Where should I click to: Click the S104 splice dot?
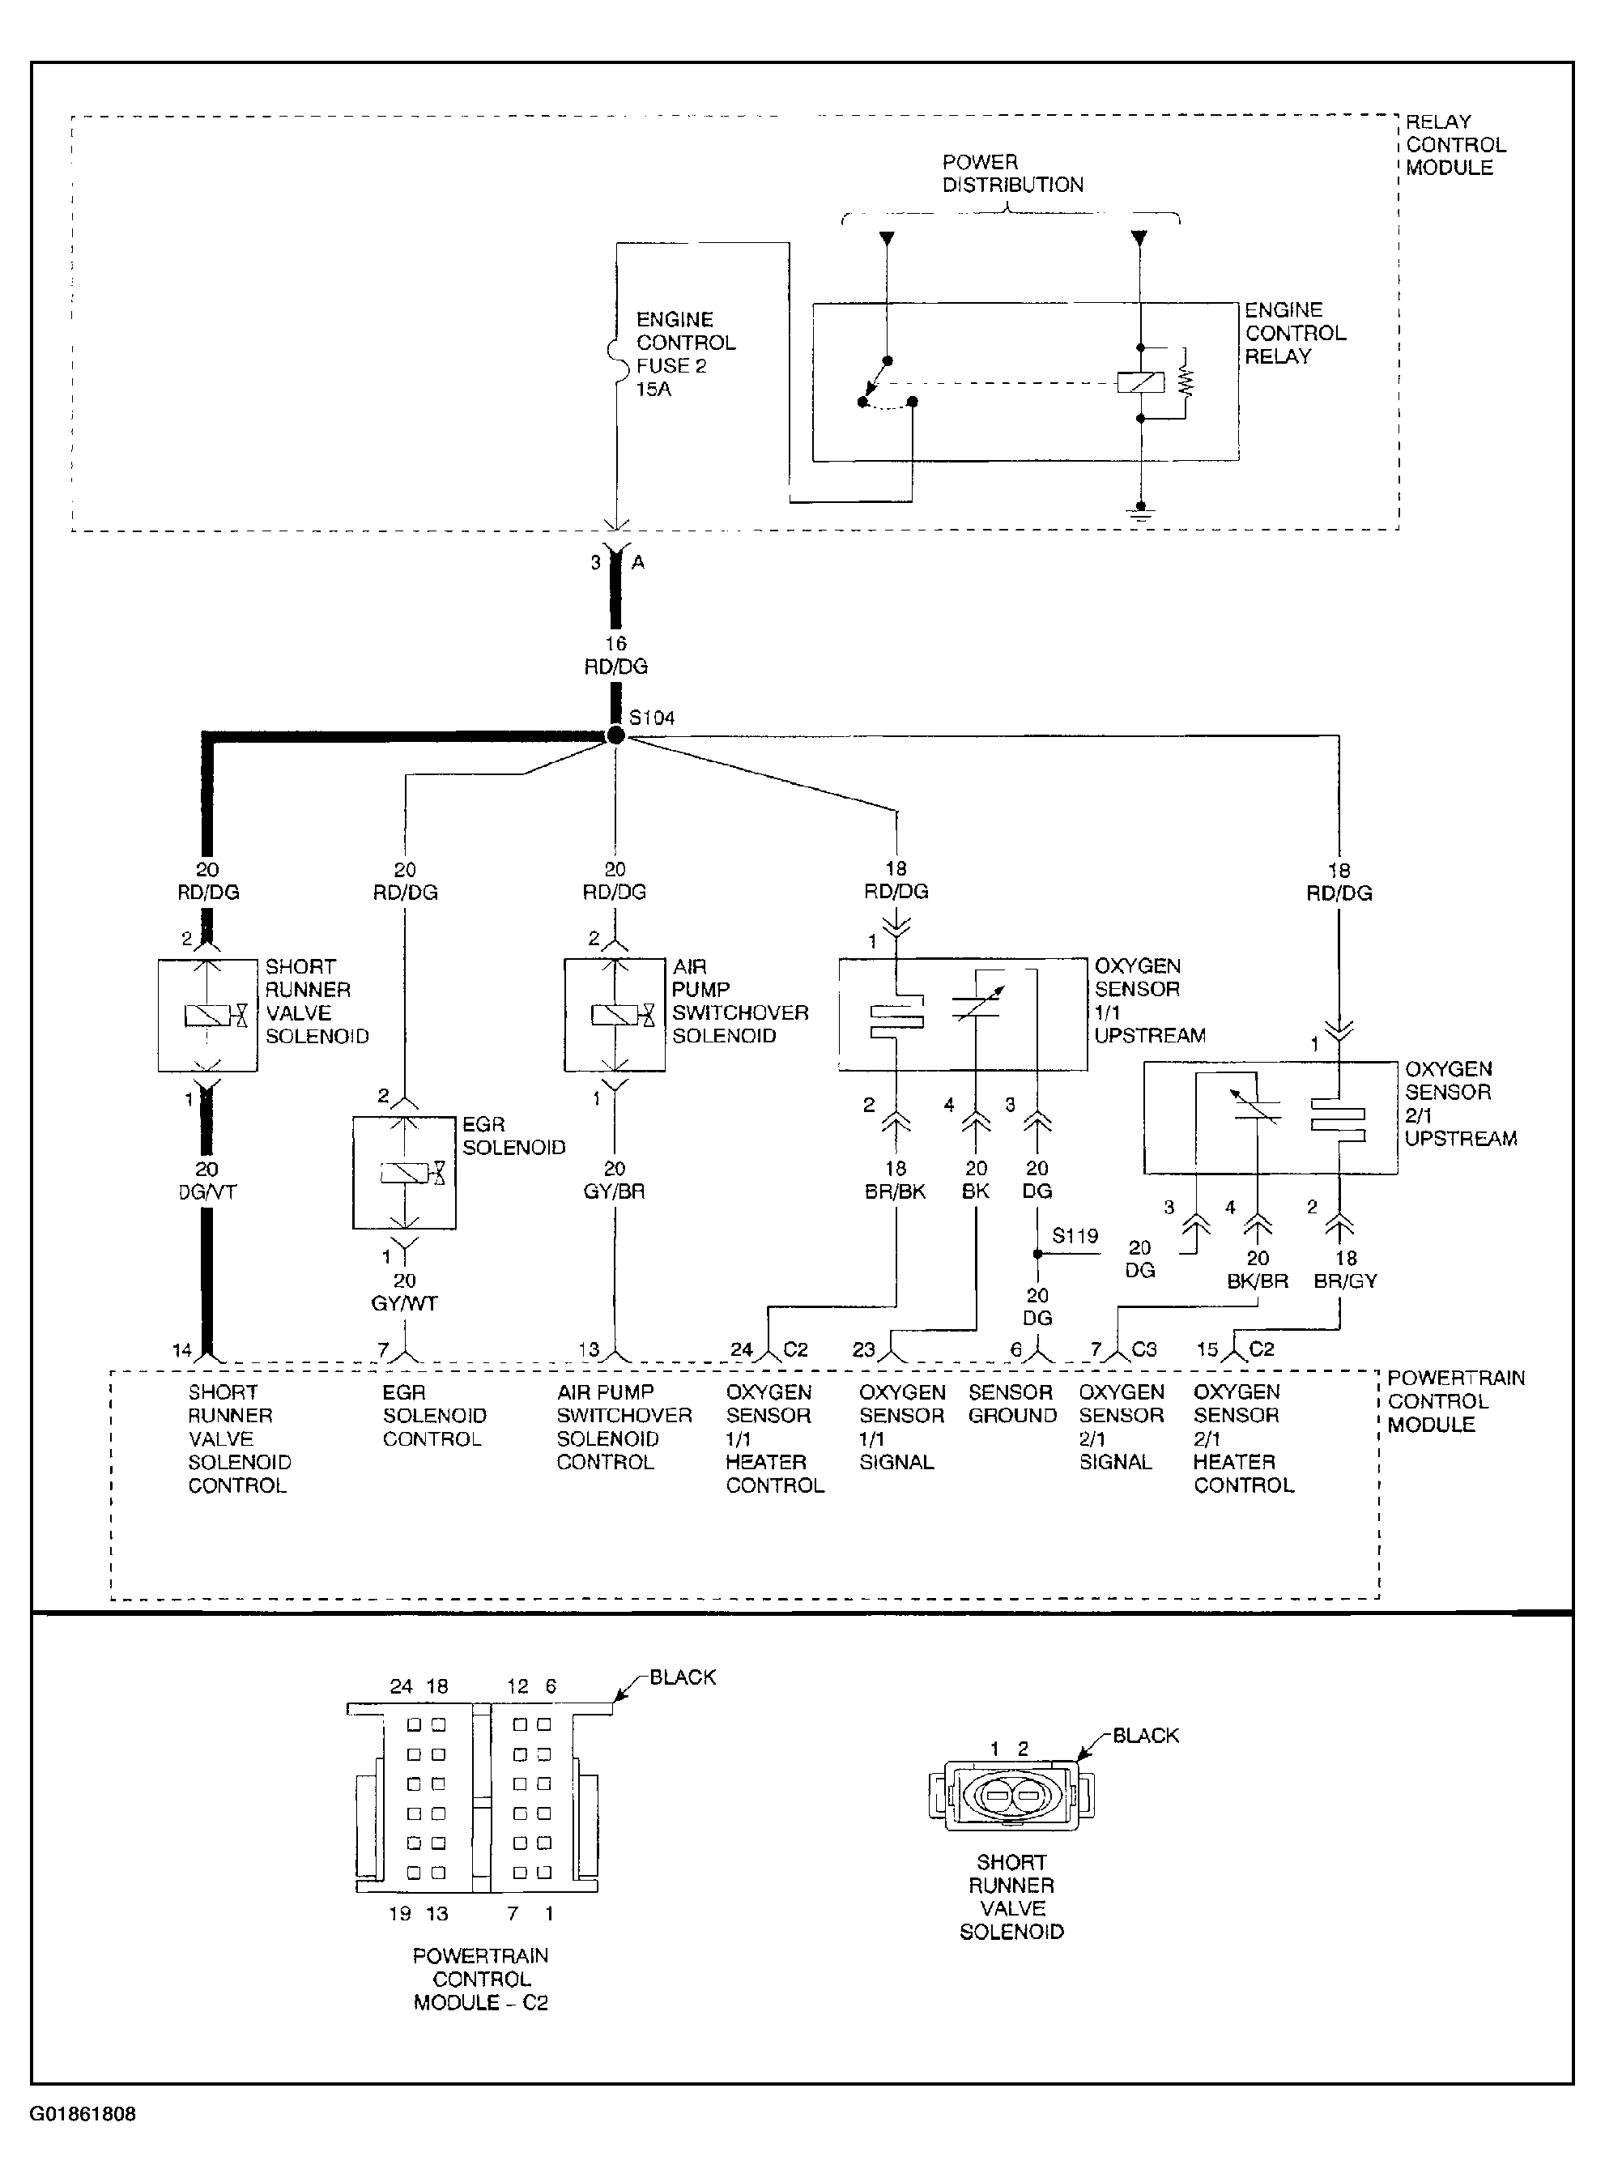pos(615,735)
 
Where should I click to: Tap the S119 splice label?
pos(1075,1236)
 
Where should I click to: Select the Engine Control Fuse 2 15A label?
pos(686,355)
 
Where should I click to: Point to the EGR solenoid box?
pos(404,1173)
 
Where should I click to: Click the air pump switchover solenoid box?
pos(615,1015)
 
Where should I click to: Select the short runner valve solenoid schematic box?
pos(208,1015)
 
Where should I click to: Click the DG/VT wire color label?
pos(207,1192)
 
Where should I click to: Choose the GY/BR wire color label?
pos(614,1191)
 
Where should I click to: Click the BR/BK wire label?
pos(895,1191)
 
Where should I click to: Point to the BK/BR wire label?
pos(1257,1281)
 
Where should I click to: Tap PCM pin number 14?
pos(181,1349)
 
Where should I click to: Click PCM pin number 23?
pos(864,1349)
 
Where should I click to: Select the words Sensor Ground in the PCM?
pos(1012,1404)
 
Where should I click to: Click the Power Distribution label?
pos(1013,173)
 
